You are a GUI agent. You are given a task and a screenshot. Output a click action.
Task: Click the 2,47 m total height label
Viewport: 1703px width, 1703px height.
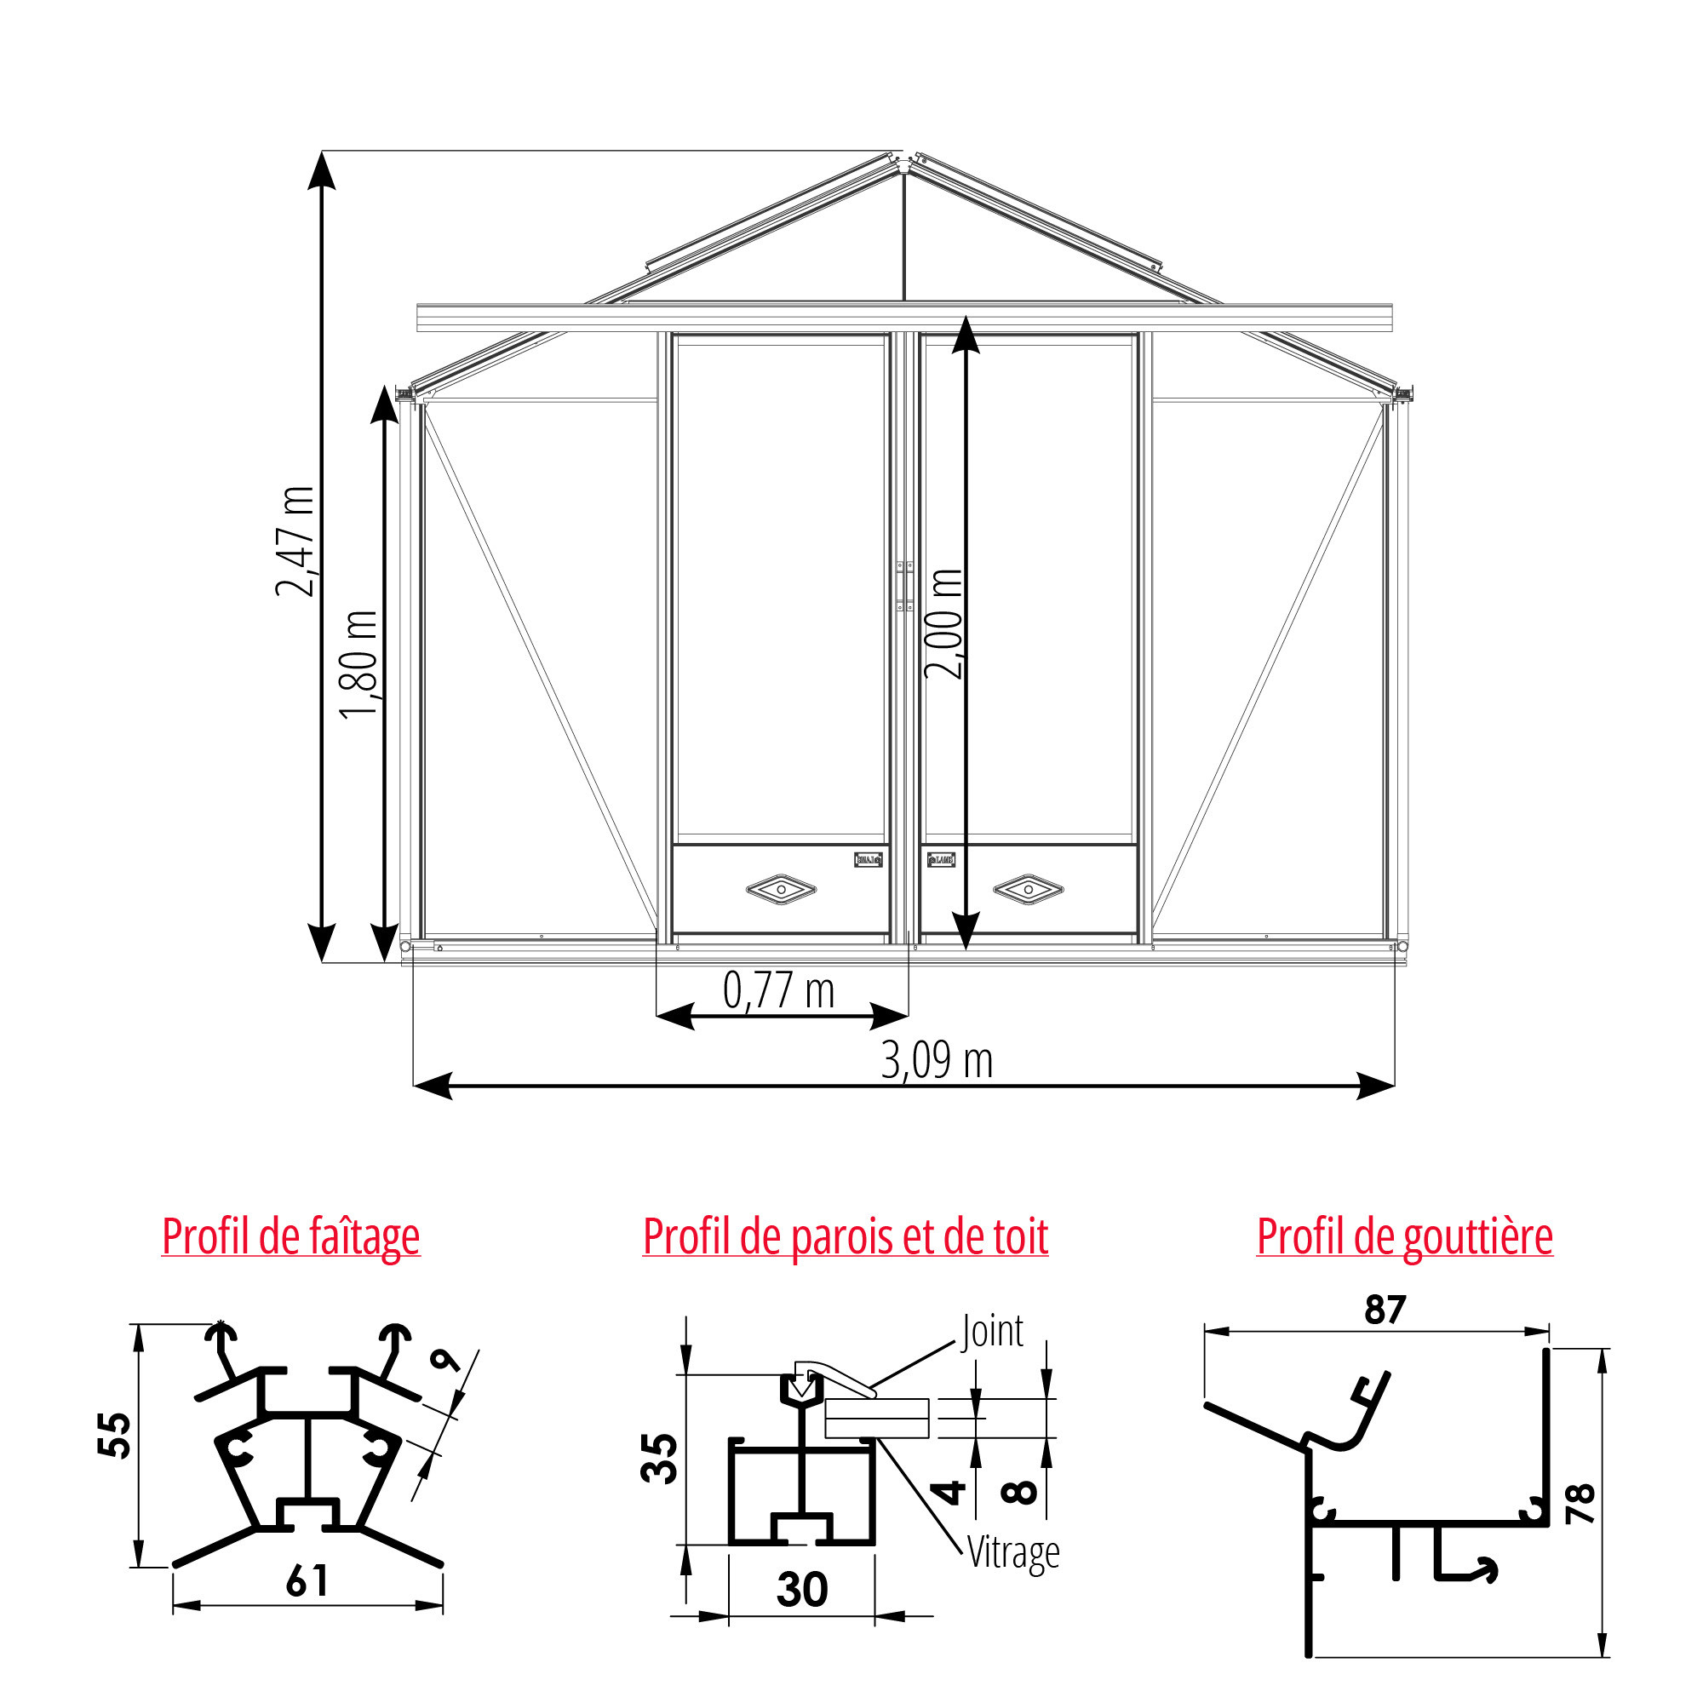[295, 542]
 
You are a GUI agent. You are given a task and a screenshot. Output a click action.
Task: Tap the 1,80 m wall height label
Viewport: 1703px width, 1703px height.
[359, 665]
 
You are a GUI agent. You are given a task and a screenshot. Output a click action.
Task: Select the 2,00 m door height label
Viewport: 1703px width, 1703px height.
[944, 624]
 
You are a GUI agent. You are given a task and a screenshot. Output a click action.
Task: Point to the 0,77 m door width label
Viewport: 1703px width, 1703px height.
[778, 991]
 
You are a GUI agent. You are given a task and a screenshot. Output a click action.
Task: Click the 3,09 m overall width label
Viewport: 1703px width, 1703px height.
[937, 1060]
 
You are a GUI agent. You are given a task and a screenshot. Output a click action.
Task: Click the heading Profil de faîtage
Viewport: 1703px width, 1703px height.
[291, 1236]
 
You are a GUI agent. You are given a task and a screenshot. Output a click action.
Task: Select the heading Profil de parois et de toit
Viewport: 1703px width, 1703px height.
[846, 1236]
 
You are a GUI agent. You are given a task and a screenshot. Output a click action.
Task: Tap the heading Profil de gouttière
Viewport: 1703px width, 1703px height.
[1405, 1236]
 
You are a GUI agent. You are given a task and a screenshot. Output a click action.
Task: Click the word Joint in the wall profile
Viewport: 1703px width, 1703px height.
[993, 1331]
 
